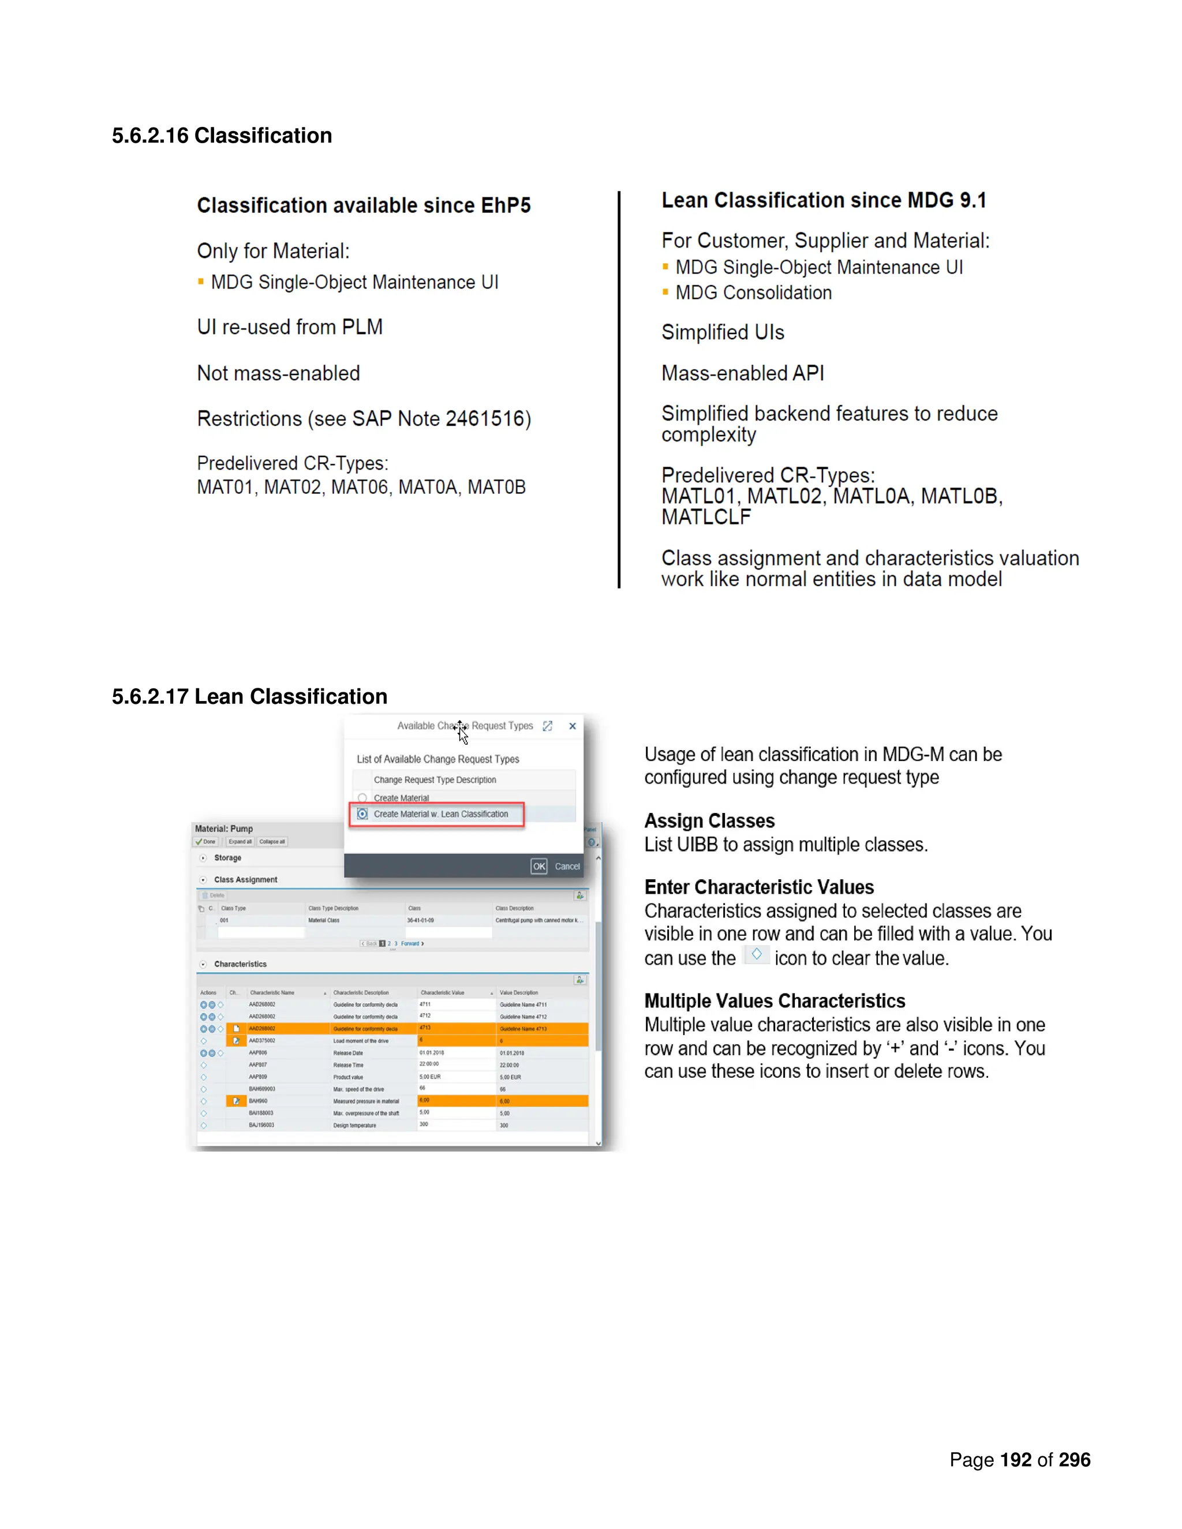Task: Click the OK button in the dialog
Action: point(538,866)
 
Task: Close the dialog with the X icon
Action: point(572,726)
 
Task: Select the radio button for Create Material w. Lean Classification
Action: point(362,814)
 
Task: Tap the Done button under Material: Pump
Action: point(206,841)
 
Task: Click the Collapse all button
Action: point(272,841)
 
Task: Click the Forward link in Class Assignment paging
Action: point(411,944)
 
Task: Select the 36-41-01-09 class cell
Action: point(420,921)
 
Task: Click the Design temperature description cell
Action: point(354,1126)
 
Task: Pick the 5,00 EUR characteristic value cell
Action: point(430,1077)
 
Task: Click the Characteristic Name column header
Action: point(272,993)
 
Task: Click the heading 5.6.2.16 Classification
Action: point(222,135)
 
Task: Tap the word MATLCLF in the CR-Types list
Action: point(706,518)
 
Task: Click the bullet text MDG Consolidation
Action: point(753,293)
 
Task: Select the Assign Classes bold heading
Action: point(709,820)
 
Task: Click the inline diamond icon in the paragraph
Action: point(756,954)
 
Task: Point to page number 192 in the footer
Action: point(1015,1460)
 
